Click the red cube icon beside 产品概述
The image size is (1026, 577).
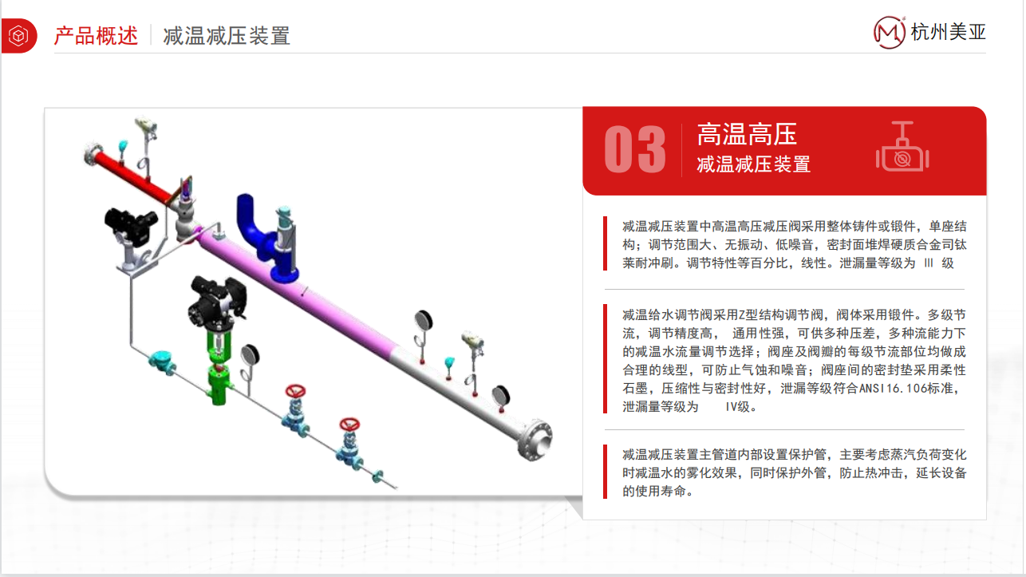click(18, 35)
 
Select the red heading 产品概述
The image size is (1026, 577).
click(96, 35)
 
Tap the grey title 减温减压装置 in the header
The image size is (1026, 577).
click(227, 36)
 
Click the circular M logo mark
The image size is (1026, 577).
click(890, 32)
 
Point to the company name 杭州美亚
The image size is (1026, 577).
click(949, 33)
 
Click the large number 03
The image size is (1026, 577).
click(634, 149)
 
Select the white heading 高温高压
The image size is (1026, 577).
click(747, 134)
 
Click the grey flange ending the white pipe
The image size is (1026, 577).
click(536, 440)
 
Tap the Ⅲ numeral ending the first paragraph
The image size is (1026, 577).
click(926, 263)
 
